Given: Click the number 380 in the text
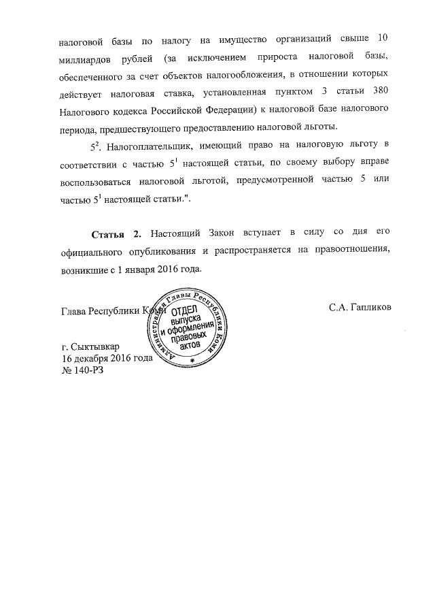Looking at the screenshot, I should (381, 92).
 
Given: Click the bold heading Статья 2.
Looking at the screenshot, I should (116, 233).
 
